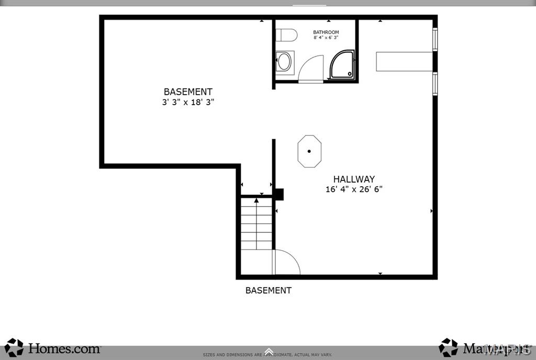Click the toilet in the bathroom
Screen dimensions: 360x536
(286, 35)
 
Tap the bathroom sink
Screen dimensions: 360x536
(284, 62)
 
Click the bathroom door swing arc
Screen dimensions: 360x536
(312, 68)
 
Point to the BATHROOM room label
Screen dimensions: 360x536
(326, 32)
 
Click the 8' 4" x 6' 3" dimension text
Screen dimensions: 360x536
(326, 38)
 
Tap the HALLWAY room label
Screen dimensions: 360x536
(354, 179)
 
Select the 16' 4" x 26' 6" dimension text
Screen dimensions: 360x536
(354, 189)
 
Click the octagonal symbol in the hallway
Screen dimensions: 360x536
(309, 151)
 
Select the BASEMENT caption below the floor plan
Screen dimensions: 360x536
(269, 290)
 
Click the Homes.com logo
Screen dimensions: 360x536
(52, 348)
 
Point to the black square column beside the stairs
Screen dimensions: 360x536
(279, 195)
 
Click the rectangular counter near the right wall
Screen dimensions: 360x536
(404, 61)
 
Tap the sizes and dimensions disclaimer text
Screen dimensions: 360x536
(267, 355)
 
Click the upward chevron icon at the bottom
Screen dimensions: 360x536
(269, 351)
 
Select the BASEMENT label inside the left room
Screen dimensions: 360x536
(188, 92)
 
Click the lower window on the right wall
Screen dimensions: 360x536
(434, 84)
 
